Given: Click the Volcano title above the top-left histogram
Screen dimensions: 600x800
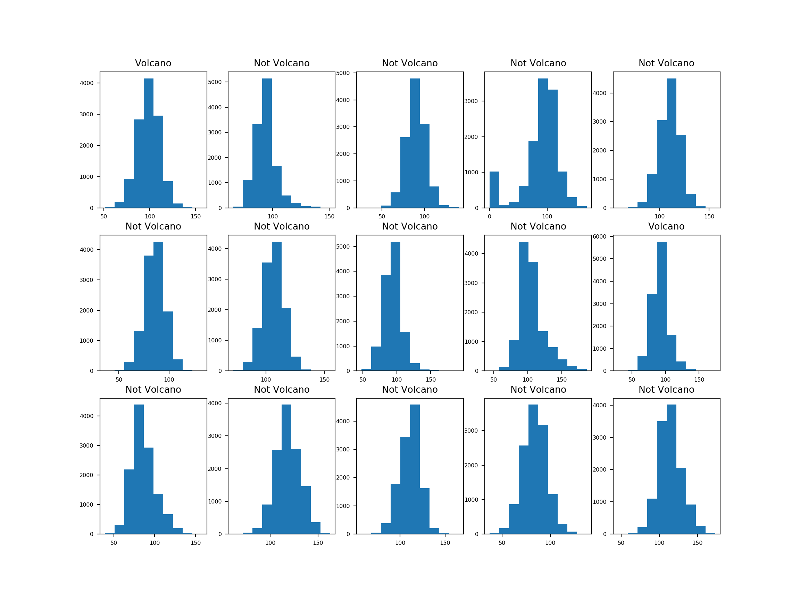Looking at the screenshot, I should tap(153, 63).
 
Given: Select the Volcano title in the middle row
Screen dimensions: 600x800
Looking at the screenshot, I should tap(666, 226).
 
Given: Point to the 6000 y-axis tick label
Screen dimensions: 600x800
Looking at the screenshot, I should tap(599, 236).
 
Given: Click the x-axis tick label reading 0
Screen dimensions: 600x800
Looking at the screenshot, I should tap(489, 217).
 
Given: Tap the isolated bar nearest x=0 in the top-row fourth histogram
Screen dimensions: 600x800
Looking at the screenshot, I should tap(494, 190).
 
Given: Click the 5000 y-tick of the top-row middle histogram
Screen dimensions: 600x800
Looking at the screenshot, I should tap(343, 73).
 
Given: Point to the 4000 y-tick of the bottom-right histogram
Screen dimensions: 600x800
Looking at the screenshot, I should tap(599, 406).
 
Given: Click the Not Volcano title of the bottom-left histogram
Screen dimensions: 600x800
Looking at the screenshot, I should tap(153, 390).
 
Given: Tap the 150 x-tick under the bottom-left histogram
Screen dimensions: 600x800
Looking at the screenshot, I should tap(196, 543).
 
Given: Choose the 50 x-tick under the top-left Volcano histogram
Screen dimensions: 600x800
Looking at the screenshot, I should tap(104, 217).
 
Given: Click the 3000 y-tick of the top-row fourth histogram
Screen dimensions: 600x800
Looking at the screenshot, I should tap(471, 101).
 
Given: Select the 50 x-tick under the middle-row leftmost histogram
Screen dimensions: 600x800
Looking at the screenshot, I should tap(119, 380).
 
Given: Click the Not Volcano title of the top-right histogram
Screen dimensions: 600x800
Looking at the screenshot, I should tap(666, 63).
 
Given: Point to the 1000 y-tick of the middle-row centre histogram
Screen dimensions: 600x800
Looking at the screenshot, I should tap(343, 346).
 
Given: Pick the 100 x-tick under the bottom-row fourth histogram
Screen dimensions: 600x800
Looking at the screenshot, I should tap(550, 543).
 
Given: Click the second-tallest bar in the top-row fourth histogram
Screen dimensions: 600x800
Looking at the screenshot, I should tap(552, 149).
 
